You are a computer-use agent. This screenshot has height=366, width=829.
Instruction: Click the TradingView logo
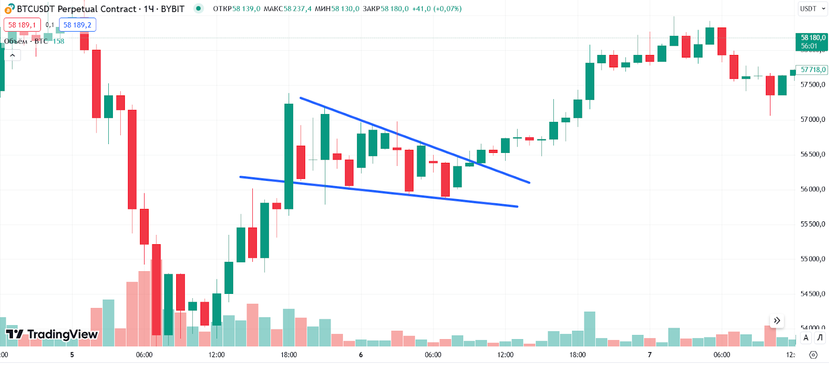[52, 334]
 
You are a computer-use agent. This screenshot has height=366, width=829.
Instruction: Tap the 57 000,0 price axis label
[812, 120]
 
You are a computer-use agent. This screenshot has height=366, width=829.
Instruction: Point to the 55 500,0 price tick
[812, 224]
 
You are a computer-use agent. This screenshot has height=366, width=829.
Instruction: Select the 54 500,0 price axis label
[812, 294]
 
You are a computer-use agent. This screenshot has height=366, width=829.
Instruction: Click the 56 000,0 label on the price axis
[812, 189]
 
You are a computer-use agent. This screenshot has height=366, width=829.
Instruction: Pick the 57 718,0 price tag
[812, 69]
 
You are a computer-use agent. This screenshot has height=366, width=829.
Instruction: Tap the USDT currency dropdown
[812, 9]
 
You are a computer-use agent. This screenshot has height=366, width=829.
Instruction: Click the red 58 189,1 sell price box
[22, 25]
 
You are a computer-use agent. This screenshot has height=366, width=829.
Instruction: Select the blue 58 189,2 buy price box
[77, 25]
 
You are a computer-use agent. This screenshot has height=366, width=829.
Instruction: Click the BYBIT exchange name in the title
[173, 9]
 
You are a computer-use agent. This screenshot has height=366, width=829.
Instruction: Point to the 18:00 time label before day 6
[289, 355]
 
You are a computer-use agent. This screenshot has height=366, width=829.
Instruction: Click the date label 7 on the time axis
[650, 355]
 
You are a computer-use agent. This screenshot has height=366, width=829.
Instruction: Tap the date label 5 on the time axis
[72, 355]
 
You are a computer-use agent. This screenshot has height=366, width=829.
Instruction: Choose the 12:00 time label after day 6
[505, 355]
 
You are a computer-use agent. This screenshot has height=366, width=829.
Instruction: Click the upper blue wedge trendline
[414, 140]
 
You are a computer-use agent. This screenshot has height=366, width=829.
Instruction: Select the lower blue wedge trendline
[378, 192]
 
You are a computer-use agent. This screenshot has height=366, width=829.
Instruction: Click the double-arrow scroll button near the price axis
[777, 320]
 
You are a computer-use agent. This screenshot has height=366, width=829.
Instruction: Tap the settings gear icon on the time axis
[813, 355]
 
